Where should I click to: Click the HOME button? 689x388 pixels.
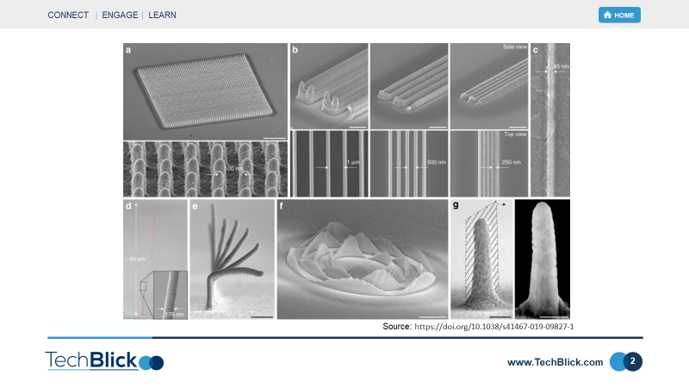[x=619, y=15]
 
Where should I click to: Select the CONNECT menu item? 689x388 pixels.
[x=68, y=16]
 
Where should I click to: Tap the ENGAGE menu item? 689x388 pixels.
[x=120, y=16]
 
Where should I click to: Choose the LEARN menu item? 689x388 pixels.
[x=164, y=16]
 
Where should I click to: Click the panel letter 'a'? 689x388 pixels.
[x=129, y=50]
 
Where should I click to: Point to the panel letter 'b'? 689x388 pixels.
[x=295, y=50]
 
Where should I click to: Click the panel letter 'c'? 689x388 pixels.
[x=536, y=50]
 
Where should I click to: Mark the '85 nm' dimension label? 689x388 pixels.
[x=561, y=66]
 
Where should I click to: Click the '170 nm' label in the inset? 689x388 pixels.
[x=175, y=314]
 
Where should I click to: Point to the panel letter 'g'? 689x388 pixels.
[x=456, y=207]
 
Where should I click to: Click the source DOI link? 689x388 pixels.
[x=493, y=328]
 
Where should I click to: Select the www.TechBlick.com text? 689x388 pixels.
[x=556, y=363]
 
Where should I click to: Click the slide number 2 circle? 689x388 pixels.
[x=632, y=362]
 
